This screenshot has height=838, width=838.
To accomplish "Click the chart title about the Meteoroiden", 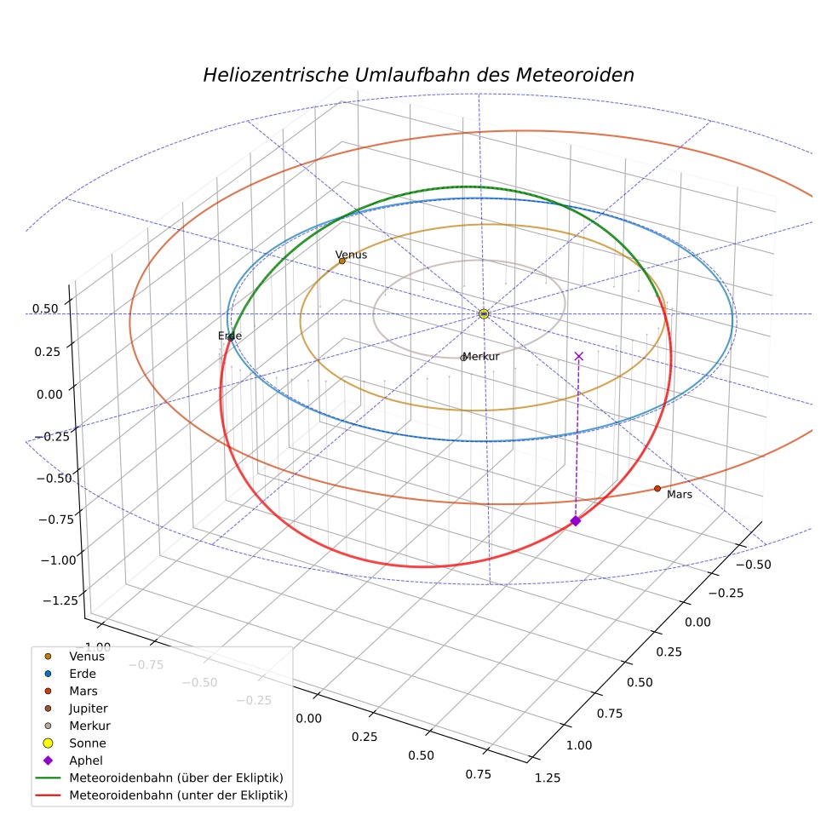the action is pos(418,75).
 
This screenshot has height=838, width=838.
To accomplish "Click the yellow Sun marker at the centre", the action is pos(484,313).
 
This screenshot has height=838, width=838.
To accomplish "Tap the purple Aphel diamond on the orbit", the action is pos(576,520).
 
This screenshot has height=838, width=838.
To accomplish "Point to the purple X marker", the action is pos(579,357).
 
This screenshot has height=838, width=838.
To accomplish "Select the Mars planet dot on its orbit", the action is pos(657,489).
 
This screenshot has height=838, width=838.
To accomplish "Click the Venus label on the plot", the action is pos(351,255).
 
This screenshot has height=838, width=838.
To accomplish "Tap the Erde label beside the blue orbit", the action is pos(230,336).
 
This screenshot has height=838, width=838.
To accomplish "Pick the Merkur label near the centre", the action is pos(481,357).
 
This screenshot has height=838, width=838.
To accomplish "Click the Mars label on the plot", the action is pos(680,495).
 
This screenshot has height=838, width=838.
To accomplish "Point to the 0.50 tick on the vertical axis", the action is pos(45,309).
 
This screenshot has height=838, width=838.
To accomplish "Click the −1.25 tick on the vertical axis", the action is pos(60,600).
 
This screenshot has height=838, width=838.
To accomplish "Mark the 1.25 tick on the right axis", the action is pos(548,778).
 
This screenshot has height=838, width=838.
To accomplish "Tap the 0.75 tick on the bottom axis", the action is pos(479,774).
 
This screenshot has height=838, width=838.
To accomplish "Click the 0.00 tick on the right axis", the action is pos(698,622).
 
